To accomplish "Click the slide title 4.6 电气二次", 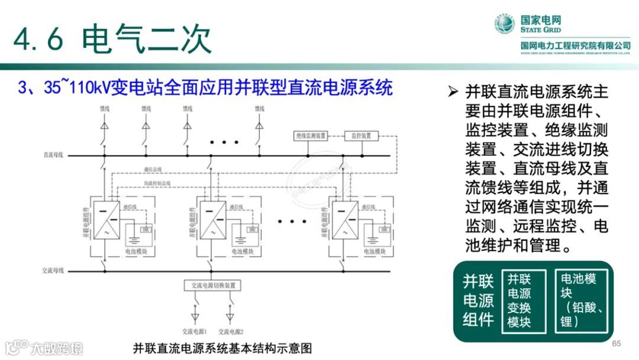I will point(112,39).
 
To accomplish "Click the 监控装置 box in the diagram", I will point(361,136).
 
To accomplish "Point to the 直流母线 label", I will point(53,155).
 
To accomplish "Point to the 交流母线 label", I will point(53,271).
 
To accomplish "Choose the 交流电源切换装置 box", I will point(213,285).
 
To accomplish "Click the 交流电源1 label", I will point(194,331).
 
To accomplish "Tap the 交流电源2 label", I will point(231,331).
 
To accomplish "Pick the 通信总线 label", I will point(152,171).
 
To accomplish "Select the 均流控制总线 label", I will point(157,183).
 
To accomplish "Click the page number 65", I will point(617,344).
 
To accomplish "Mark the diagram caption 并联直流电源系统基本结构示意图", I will point(222,348).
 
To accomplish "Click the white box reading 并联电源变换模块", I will point(519,300).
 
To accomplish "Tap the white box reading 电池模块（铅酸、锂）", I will point(582,300).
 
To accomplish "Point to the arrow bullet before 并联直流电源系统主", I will point(453,92).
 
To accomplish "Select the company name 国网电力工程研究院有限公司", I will point(575,46).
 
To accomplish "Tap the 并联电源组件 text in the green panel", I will point(478,300).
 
